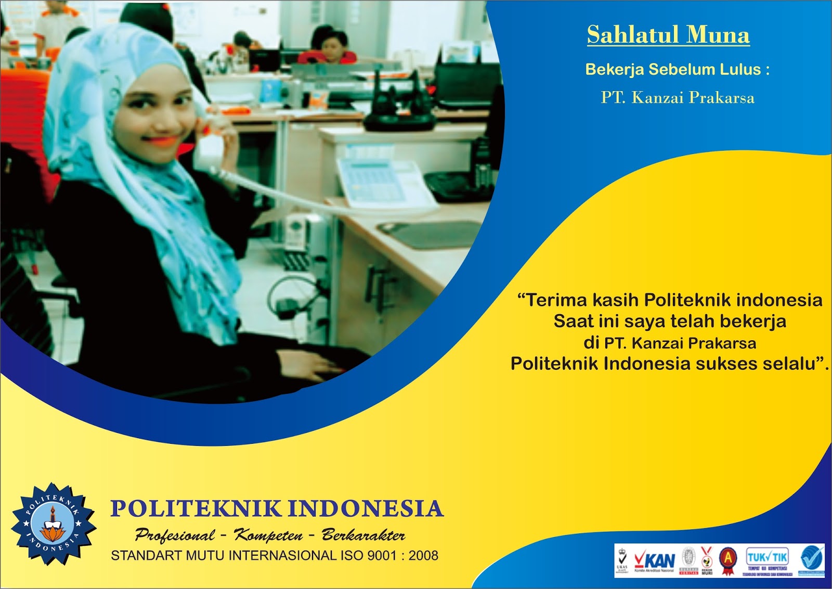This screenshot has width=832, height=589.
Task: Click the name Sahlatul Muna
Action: tap(668, 35)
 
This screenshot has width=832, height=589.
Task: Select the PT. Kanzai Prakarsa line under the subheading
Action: tap(678, 98)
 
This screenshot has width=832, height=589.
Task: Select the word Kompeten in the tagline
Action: tap(268, 535)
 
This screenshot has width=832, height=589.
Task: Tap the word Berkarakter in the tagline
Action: tap(363, 535)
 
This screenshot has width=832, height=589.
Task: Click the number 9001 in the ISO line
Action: tap(382, 556)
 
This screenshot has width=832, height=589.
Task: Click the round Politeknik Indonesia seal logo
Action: tap(53, 524)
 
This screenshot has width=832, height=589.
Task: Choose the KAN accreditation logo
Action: tap(654, 560)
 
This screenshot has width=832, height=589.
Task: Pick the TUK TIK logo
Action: tap(767, 560)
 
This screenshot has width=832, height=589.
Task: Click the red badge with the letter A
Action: tap(728, 560)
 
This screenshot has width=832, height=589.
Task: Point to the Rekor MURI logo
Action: tap(707, 560)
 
